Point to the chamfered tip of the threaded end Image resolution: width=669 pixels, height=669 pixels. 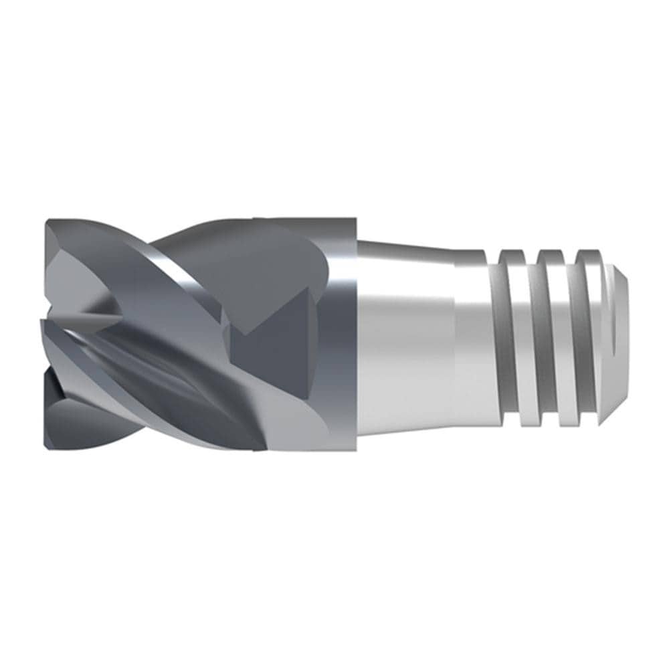pos(618,334)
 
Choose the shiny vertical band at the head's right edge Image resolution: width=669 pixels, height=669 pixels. pos(345,334)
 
